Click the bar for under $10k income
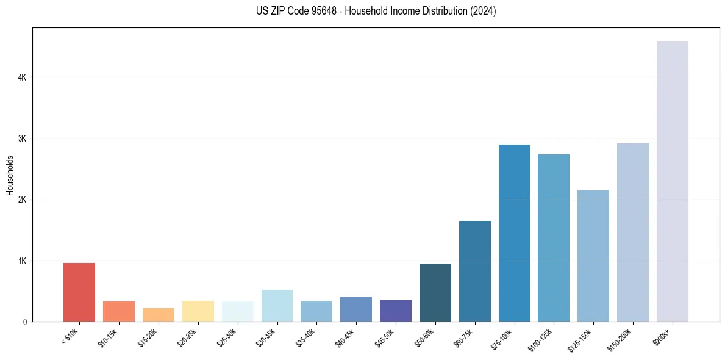click(79, 292)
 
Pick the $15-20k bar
click(159, 315)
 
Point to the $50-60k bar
click(435, 293)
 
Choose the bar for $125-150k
click(593, 256)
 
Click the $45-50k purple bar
click(396, 311)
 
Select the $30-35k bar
click(277, 306)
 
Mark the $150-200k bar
click(633, 232)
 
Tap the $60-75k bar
click(475, 272)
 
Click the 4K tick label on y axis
click(22, 77)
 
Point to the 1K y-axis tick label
click(22, 261)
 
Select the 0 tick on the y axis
click(24, 322)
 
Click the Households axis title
click(10, 175)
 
